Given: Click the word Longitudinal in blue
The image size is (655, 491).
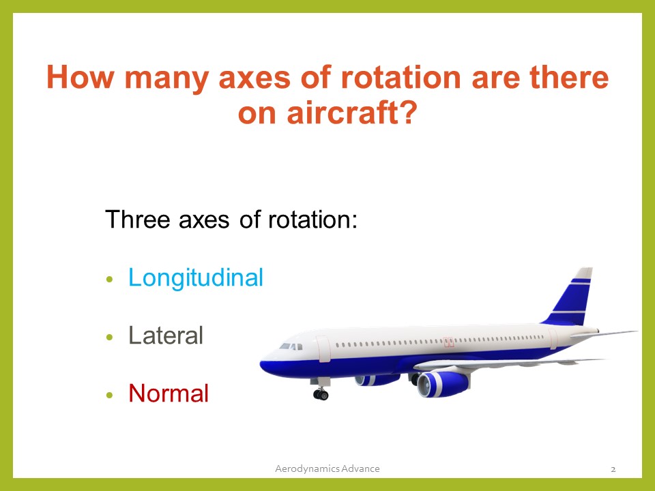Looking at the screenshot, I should pos(195,278).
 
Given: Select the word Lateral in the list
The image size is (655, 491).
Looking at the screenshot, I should pos(166,336).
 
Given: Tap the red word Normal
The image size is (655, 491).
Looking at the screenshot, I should pos(169,393).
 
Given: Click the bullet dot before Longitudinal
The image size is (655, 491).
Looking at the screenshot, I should pos(109,280).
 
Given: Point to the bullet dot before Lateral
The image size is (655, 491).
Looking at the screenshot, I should pos(109,338).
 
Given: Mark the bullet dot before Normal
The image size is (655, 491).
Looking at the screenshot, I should pos(109,396).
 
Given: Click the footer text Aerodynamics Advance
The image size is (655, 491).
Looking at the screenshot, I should pos(327,468).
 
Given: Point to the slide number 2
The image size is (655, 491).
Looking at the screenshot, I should pos(613,468).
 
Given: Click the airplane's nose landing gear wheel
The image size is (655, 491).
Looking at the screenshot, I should pos(320,393).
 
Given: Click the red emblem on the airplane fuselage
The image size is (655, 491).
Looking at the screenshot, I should pos(448,342).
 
